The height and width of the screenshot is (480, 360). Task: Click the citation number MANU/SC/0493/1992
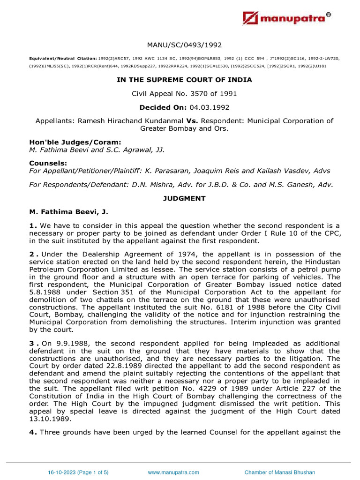(x=184, y=45)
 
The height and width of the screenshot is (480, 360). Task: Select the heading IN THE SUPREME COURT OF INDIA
(x=184, y=80)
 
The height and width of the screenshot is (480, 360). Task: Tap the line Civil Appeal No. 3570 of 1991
(x=184, y=94)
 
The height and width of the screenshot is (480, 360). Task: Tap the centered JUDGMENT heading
(x=184, y=198)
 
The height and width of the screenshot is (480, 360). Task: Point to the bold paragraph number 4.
(x=33, y=432)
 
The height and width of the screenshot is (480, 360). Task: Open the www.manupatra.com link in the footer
(x=173, y=472)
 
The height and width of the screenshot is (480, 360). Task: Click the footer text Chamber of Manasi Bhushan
(x=280, y=472)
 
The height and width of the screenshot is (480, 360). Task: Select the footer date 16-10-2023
(x=61, y=472)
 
